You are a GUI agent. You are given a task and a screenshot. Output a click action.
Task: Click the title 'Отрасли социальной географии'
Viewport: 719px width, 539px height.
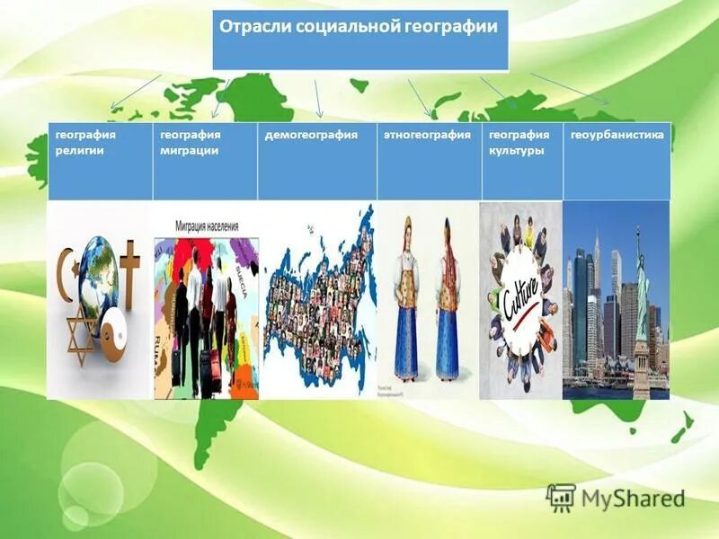click(358, 27)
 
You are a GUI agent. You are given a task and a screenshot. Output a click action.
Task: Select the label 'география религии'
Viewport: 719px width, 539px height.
click(86, 142)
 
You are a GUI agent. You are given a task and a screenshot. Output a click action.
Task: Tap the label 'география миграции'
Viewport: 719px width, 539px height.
click(191, 142)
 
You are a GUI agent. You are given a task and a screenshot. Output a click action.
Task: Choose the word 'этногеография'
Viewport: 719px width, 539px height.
click(427, 134)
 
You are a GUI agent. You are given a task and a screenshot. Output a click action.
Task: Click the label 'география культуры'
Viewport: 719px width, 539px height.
click(518, 142)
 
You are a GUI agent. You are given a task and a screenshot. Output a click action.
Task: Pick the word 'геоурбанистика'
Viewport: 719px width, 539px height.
click(617, 134)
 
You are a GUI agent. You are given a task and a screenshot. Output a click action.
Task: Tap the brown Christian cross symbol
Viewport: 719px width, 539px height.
click(130, 269)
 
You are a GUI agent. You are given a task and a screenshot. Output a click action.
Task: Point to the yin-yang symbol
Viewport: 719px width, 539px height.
click(110, 338)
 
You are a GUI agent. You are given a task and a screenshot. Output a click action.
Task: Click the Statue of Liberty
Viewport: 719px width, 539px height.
click(640, 296)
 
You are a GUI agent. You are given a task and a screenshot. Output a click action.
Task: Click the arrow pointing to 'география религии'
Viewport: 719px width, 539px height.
click(135, 93)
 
